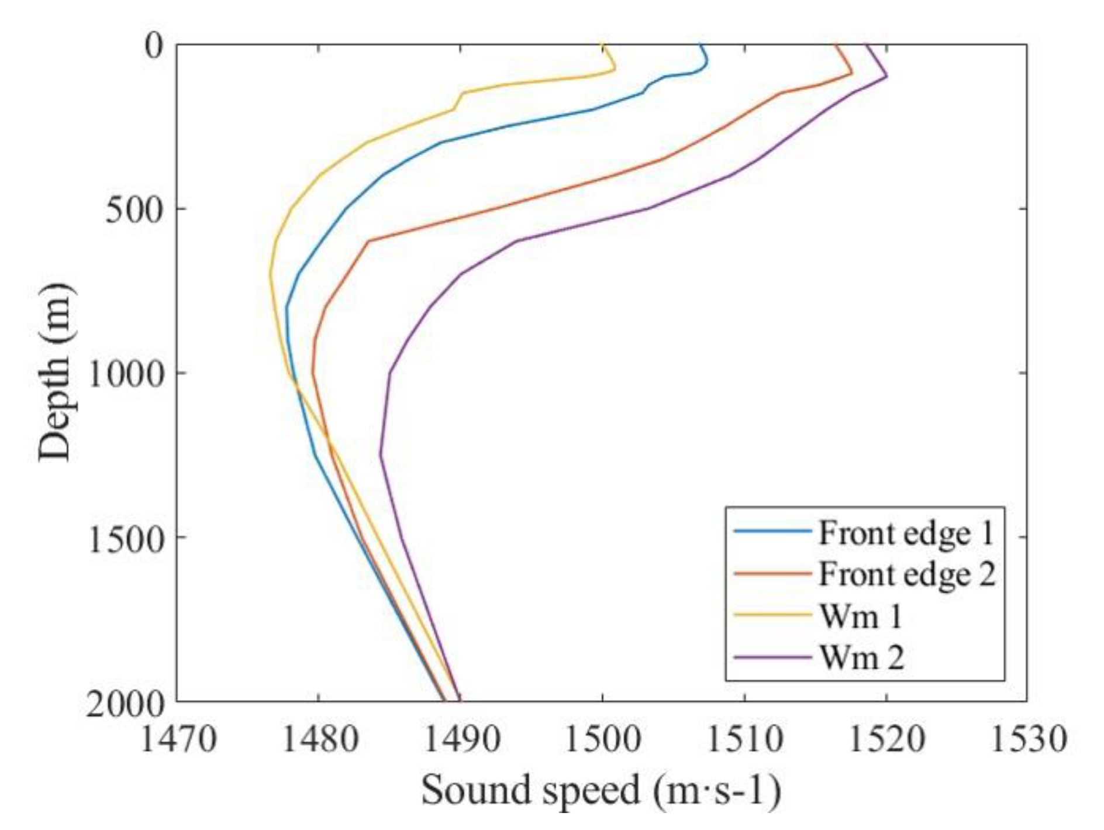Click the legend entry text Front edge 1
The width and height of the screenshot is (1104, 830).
pyautogui.click(x=906, y=533)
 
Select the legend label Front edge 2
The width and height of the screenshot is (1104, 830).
pyautogui.click(x=907, y=574)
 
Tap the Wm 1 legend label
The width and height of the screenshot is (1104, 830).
pyautogui.click(x=861, y=617)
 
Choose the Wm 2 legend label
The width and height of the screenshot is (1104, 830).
pyautogui.click(x=862, y=657)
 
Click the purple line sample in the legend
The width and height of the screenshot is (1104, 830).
pyautogui.click(x=772, y=657)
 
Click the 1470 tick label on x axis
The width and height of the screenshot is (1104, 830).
pyautogui.click(x=178, y=739)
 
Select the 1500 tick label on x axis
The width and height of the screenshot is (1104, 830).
pyautogui.click(x=602, y=739)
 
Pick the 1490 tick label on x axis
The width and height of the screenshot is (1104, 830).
pyautogui.click(x=461, y=739)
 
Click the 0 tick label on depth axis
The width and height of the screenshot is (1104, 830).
pyautogui.click(x=154, y=46)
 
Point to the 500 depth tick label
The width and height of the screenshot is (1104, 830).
pyautogui.click(x=133, y=209)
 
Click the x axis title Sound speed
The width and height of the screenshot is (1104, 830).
pyautogui.click(x=601, y=790)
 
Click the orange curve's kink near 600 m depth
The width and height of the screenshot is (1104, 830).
pyautogui.click(x=368, y=240)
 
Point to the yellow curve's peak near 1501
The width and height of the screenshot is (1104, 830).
pyautogui.click(x=615, y=70)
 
